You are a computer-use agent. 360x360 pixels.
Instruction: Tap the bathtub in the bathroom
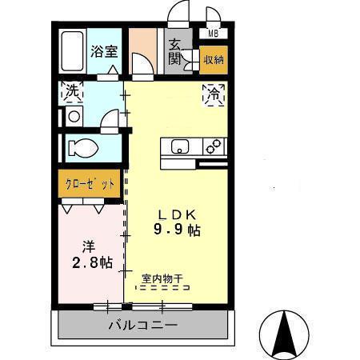(x=73, y=52)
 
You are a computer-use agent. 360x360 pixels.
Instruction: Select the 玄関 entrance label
(x=175, y=51)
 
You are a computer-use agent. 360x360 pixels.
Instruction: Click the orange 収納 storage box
(x=213, y=59)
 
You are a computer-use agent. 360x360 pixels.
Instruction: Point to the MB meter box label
(x=213, y=34)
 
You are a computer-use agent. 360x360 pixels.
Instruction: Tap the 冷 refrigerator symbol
(x=214, y=94)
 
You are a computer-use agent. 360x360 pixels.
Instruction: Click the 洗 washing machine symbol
(x=73, y=92)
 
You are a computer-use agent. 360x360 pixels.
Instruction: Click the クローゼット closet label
(x=90, y=183)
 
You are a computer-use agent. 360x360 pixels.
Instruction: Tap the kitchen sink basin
(x=178, y=146)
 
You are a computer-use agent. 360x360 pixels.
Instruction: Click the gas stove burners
(x=214, y=146)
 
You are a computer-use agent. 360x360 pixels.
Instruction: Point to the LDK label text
(x=178, y=214)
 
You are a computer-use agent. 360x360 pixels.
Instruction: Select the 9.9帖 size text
(x=178, y=230)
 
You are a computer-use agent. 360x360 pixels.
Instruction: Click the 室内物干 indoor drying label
(x=162, y=279)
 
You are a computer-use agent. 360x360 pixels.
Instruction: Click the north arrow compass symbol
(x=286, y=330)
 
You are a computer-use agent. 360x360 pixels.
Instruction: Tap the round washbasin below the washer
(x=74, y=116)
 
